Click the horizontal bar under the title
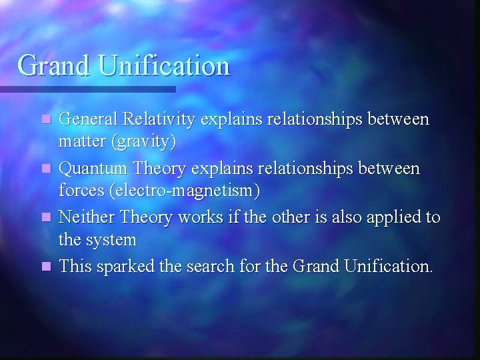(87, 89)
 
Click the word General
(86, 119)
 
